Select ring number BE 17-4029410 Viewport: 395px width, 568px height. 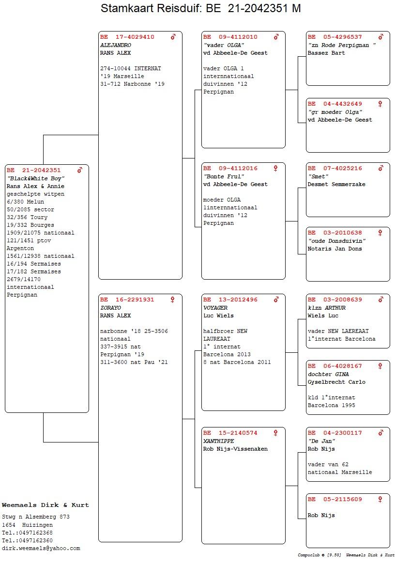(127, 37)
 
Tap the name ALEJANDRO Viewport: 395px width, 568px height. (115, 45)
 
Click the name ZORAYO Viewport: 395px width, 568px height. (110, 308)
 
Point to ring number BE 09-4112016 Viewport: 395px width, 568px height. (230, 169)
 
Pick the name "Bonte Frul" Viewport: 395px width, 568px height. (224, 176)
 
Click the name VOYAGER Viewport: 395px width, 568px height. (215, 308)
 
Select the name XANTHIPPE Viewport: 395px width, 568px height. (218, 441)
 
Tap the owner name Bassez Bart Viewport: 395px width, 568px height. (326, 53)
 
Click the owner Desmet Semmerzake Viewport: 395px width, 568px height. (336, 184)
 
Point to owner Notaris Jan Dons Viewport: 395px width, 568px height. (334, 249)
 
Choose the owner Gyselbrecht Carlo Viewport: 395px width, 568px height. (336, 382)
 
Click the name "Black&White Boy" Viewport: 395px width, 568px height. (35, 178)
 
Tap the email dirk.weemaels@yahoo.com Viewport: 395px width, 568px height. (41, 549)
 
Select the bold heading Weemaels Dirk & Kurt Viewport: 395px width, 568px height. (45, 505)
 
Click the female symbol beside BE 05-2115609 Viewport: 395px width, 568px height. (380, 499)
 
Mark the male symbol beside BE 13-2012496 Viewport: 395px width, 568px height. (276, 300)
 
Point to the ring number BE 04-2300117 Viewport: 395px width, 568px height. (334, 433)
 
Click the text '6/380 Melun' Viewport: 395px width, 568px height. (25, 202)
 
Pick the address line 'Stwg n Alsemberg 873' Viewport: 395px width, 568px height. (36, 517)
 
